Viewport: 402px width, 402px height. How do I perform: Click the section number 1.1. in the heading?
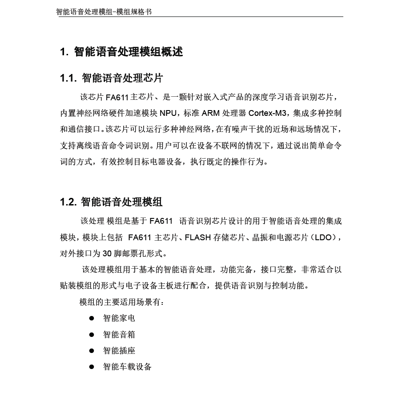pyautogui.click(x=68, y=78)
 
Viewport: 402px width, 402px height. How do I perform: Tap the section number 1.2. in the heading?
pyautogui.click(x=68, y=202)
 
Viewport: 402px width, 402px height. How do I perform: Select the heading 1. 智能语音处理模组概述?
pyautogui.click(x=121, y=52)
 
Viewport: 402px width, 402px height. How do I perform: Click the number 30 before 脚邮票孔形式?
pyautogui.click(x=107, y=254)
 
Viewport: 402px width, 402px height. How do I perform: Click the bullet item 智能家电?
pyautogui.click(x=119, y=318)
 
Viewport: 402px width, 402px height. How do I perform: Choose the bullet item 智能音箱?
pyautogui.click(x=119, y=335)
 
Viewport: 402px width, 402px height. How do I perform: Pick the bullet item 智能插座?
pyautogui.click(x=119, y=351)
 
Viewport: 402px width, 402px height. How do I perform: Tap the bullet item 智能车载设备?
pyautogui.click(x=127, y=367)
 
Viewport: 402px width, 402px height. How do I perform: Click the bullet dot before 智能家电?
pyautogui.click(x=92, y=318)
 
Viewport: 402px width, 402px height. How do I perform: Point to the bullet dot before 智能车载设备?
pyautogui.click(x=92, y=367)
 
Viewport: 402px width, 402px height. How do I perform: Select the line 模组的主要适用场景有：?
pyautogui.click(x=122, y=302)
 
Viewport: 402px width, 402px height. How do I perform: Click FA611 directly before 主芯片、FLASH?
pyautogui.click(x=140, y=238)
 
